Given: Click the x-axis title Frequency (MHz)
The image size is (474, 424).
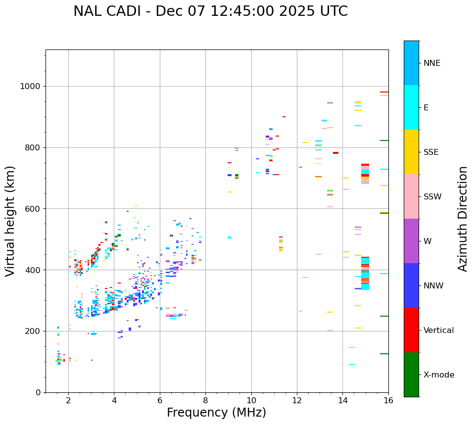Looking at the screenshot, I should [216, 413].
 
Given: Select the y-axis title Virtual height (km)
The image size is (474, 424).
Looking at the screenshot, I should [11, 221].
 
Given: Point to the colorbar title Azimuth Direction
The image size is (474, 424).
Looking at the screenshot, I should [463, 219].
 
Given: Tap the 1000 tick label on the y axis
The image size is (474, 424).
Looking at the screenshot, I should [31, 87].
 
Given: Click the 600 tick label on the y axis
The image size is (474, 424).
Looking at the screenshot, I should [33, 209].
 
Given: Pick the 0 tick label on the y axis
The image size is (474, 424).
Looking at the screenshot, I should [38, 392].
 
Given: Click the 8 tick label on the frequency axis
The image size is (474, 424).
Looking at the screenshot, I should [205, 400].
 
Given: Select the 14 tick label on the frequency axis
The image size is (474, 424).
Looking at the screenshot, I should [342, 400].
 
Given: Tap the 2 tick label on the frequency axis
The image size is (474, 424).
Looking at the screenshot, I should [68, 400].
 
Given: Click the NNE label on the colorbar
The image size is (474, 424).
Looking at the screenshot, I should [431, 63].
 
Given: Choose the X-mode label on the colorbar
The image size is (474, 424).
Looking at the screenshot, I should [438, 375].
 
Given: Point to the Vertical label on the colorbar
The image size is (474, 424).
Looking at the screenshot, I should [438, 330].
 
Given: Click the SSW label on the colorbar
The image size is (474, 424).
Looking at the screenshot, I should [432, 197].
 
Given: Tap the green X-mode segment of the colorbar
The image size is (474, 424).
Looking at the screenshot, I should [411, 375].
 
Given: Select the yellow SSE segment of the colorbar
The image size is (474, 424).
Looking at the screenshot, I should [411, 152].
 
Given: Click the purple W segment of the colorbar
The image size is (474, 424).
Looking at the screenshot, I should [411, 241].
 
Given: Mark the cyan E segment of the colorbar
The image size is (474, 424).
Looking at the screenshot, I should [411, 107].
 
